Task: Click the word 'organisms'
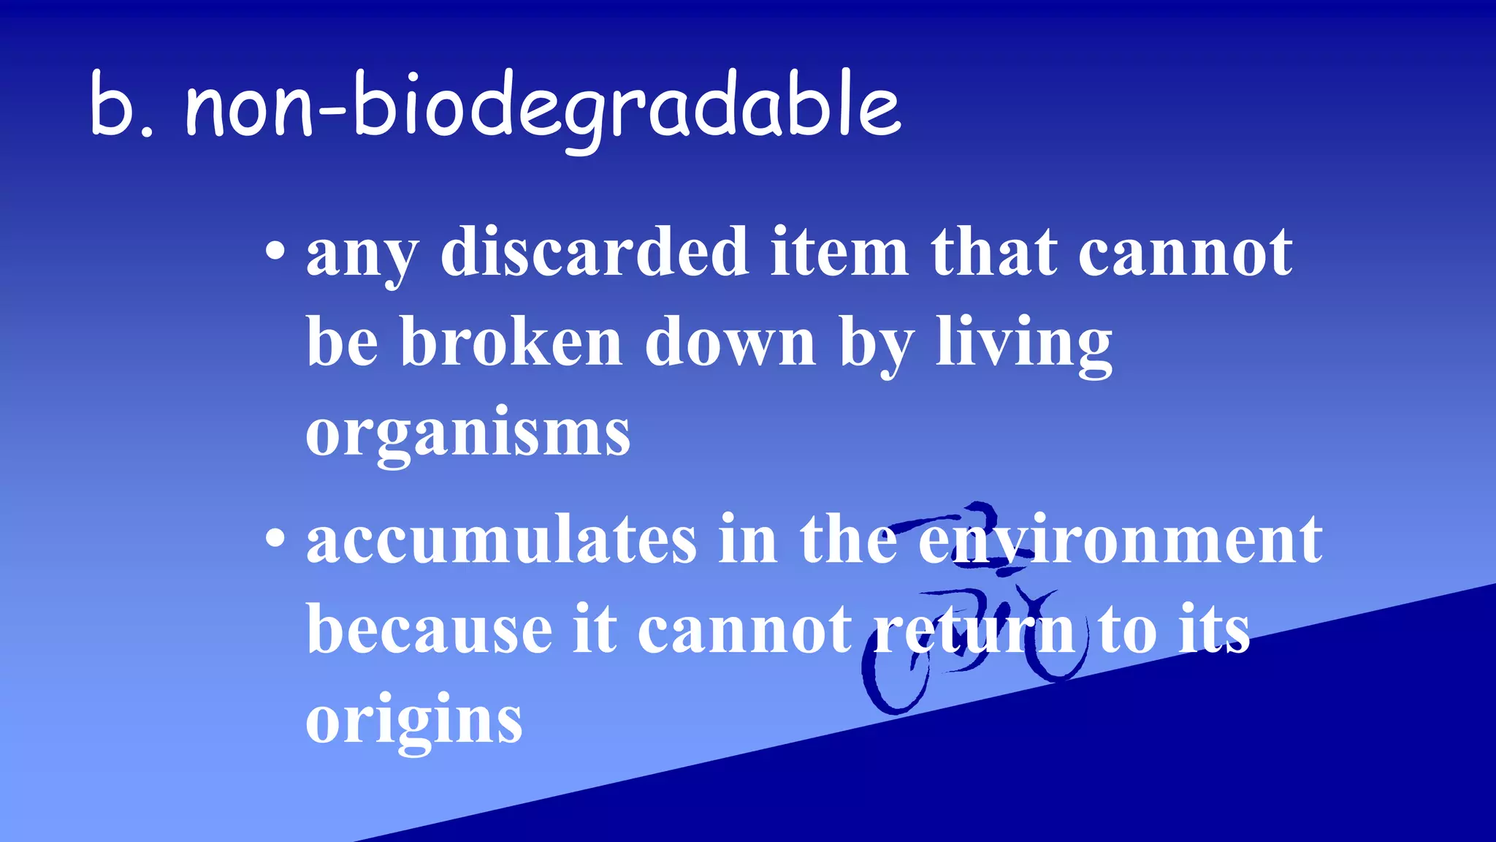[467, 433]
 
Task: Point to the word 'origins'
[414, 720]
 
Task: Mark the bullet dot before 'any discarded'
[275, 252]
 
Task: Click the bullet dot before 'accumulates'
[275, 539]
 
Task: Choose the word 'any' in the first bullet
[362, 256]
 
